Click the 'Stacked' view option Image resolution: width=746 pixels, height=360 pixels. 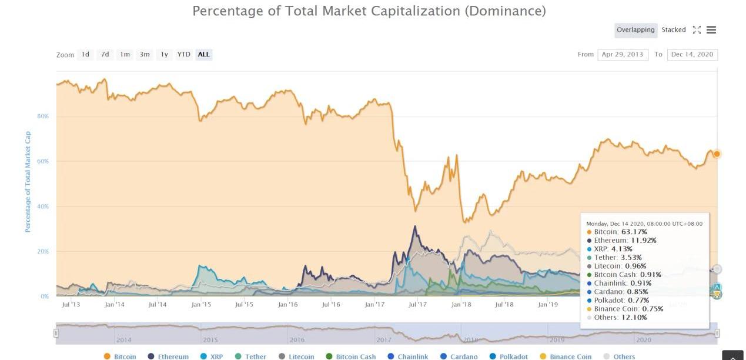coord(674,30)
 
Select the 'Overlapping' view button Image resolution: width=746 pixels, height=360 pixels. coord(635,30)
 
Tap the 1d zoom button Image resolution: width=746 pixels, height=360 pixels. coord(85,55)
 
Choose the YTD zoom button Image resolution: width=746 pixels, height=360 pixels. coord(184,55)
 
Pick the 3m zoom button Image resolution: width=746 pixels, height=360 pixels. coord(145,55)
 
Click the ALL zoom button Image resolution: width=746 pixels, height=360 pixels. coord(203,55)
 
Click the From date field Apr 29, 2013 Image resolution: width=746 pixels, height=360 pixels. coord(623,55)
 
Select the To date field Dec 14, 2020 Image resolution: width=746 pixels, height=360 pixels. coord(692,55)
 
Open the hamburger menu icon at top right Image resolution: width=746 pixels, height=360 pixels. coord(711,30)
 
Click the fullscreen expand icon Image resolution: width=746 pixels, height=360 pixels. coord(697,30)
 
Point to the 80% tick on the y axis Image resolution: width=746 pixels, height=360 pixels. coord(43,116)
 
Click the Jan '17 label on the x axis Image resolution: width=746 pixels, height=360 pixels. coord(374,305)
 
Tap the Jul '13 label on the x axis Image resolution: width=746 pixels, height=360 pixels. coord(71,305)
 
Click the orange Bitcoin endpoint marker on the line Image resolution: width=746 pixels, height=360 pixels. coord(717,154)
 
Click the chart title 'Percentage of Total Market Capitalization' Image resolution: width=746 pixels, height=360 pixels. coord(369,11)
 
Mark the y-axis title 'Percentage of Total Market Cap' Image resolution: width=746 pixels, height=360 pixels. coord(28,181)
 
